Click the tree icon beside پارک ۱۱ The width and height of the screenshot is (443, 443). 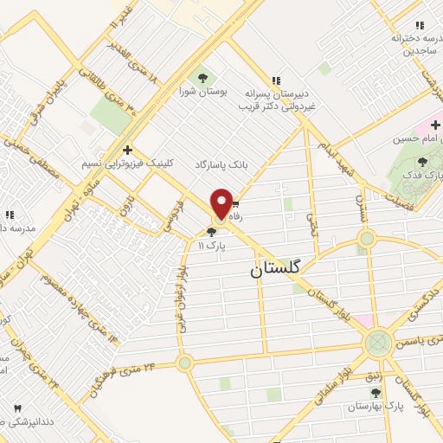[x=212, y=231]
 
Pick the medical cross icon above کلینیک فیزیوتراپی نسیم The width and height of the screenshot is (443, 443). [x=127, y=149]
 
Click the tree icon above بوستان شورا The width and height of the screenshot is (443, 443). [x=204, y=73]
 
